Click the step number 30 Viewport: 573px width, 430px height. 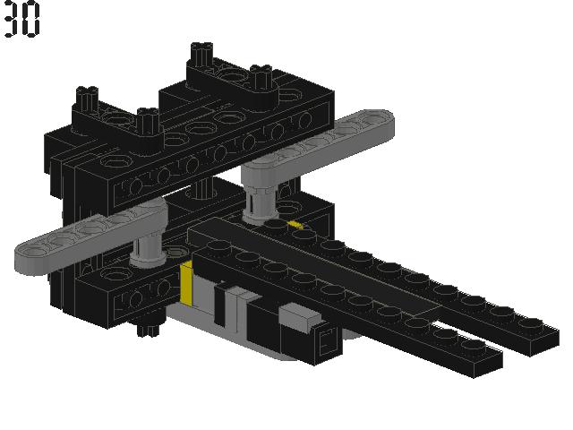21,19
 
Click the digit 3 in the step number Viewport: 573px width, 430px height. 11,19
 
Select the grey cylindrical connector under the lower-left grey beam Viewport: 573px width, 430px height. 147,248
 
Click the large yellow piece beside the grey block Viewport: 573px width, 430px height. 187,283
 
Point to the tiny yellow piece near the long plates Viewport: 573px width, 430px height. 295,225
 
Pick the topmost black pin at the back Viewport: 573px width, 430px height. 201,54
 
